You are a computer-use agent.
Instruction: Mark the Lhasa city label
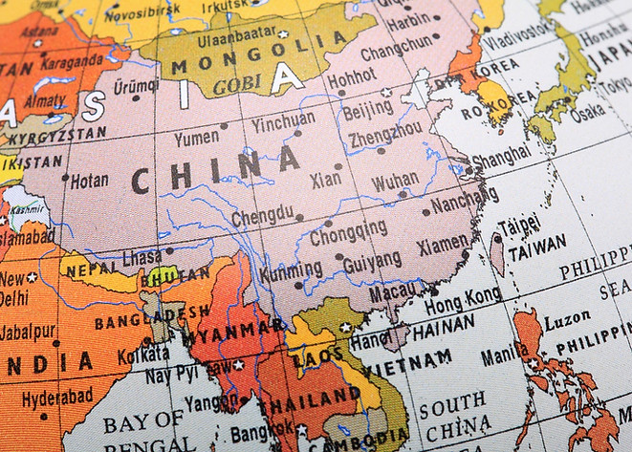point(142,257)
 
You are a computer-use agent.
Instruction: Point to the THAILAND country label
point(307,398)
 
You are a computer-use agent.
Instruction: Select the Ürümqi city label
point(136,85)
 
